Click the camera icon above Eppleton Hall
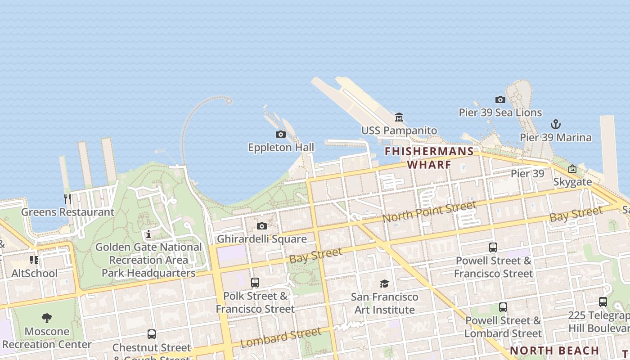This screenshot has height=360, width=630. (281, 134)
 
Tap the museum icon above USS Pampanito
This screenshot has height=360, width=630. (399, 117)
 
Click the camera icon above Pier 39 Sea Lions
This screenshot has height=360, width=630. (500, 99)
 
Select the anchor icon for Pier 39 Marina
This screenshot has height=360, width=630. (556, 124)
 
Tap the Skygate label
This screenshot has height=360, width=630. (572, 182)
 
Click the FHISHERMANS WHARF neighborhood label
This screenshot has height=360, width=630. (429, 157)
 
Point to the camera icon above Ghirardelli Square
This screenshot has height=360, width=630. (262, 226)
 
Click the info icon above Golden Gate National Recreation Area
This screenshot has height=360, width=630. (148, 234)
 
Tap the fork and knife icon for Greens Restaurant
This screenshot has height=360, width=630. (67, 198)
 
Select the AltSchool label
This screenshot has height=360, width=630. (35, 273)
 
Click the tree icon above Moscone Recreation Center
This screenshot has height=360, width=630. (47, 319)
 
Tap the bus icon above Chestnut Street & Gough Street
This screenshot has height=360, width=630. (152, 334)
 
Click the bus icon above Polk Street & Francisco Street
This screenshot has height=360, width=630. (255, 283)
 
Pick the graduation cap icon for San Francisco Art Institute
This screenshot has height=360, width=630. (384, 283)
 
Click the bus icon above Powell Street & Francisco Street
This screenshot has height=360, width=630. (493, 247)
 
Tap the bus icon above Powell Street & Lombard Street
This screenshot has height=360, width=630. (503, 307)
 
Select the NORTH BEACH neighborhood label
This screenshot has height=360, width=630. (554, 351)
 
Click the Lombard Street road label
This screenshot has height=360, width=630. (281, 337)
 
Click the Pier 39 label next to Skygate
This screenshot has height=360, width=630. (527, 174)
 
